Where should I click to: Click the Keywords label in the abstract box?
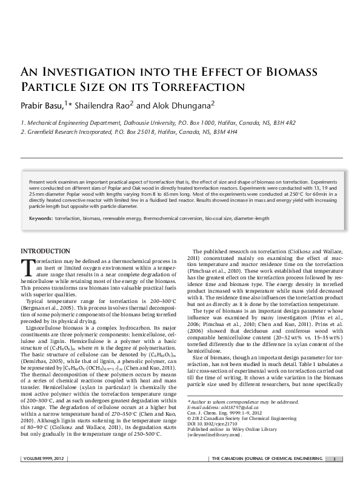tap(40, 217)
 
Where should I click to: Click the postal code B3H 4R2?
tap(284, 122)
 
